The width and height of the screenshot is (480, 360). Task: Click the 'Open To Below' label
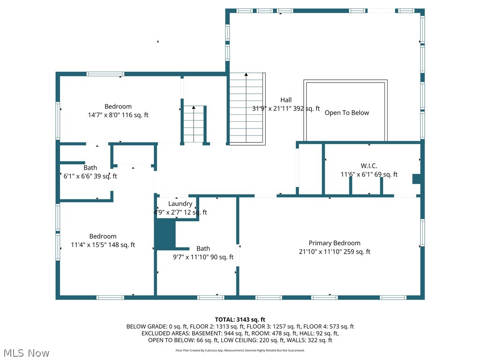346,113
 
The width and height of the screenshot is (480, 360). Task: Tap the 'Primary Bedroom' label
334,243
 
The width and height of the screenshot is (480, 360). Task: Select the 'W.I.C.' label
369,166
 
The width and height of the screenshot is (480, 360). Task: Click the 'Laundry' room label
180,204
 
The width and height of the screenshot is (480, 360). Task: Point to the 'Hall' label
286,100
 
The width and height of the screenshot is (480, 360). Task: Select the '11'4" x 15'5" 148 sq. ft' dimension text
103,245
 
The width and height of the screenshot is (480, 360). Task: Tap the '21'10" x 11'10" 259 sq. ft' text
334,252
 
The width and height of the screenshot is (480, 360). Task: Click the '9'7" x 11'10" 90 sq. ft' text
203,257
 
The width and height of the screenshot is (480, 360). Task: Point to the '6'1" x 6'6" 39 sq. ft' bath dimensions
90,176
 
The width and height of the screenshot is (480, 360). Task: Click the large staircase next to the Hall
247,108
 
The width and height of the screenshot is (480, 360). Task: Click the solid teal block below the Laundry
165,234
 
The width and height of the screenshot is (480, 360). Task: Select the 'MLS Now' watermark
26,352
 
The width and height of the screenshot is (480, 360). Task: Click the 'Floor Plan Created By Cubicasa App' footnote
240,350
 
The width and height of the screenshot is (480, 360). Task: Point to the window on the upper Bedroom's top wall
105,74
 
